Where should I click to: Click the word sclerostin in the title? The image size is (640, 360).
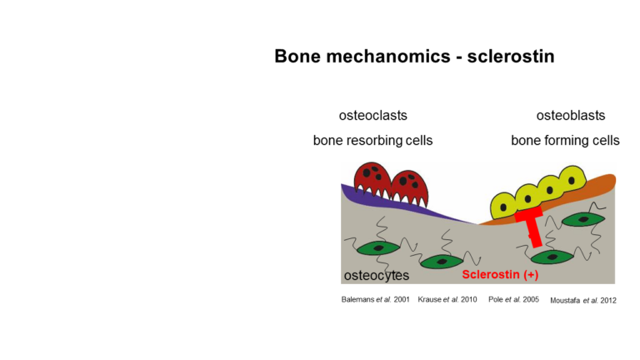[x=511, y=56]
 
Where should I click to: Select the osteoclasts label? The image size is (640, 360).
[x=372, y=116]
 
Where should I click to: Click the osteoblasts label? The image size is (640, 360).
[x=571, y=116]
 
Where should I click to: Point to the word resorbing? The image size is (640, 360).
[x=373, y=141]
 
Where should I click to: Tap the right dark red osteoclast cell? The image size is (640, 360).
[x=409, y=188]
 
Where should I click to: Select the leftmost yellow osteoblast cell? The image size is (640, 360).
[x=503, y=207]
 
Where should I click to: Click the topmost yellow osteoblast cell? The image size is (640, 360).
[x=572, y=179]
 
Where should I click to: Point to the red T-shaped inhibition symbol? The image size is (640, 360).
[x=531, y=226]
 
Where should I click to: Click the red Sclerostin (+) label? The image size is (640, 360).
[x=500, y=275]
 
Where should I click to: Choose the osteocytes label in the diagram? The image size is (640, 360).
[x=377, y=276]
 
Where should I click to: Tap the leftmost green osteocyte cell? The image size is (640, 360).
[x=378, y=248]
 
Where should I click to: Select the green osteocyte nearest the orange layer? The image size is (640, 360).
[x=583, y=220]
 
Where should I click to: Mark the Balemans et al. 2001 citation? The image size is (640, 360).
[x=375, y=300]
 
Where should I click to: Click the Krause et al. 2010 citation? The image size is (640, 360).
[x=447, y=300]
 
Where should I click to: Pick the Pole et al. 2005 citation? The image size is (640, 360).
[x=513, y=300]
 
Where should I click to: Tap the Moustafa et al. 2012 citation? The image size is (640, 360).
[x=583, y=300]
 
